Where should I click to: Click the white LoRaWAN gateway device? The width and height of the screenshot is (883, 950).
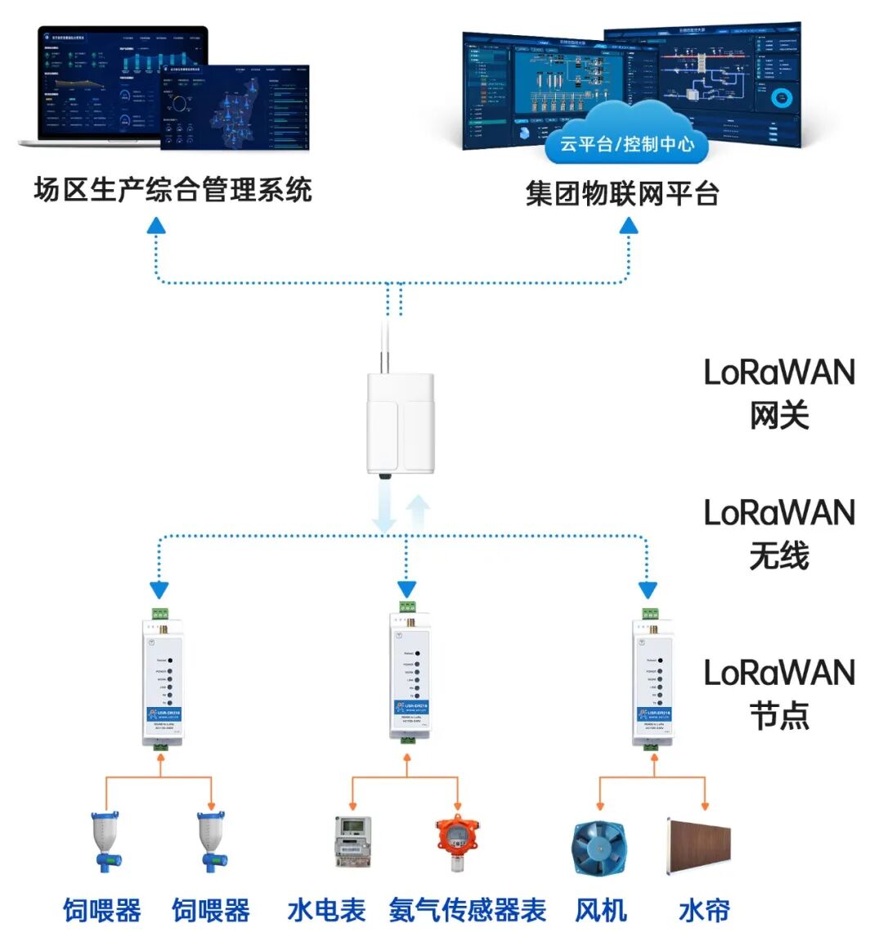[x=400, y=422]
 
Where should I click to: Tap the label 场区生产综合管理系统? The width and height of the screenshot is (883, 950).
[x=173, y=190]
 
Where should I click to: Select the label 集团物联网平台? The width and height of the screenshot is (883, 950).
[x=622, y=194]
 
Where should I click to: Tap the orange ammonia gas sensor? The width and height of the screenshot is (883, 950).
[x=456, y=843]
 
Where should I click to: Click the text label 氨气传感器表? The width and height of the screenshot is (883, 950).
[x=467, y=911]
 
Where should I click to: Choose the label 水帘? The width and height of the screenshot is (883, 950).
[x=704, y=911]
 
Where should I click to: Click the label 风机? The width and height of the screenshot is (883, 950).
[x=601, y=911]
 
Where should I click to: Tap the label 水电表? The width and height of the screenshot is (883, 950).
[x=326, y=911]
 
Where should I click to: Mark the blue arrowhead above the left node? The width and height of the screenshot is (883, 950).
[x=159, y=590]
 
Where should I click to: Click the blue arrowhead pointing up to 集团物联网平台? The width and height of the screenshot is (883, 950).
[x=628, y=226]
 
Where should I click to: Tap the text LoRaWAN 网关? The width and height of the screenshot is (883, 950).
[x=779, y=394]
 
